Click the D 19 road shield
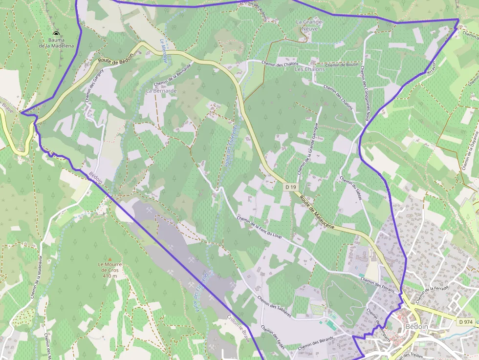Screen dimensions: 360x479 (290, 187)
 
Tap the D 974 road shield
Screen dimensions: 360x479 (466, 322)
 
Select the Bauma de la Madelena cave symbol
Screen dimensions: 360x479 (56, 34)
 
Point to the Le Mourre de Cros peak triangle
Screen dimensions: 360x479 (110, 259)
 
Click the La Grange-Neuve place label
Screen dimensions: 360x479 (310, 25)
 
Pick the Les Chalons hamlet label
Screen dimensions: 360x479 (309, 69)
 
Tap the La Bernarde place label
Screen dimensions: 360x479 (161, 91)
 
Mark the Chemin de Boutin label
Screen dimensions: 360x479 (342, 65)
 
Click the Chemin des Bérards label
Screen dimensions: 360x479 (315, 342)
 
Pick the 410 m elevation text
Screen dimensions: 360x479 (110, 276)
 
